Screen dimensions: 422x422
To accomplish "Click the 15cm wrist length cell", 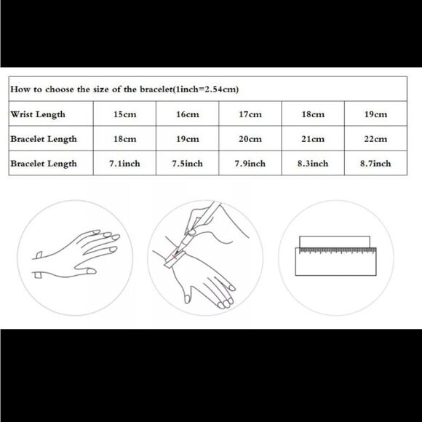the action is [124, 114].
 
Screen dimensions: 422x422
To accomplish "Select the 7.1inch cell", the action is [124, 163].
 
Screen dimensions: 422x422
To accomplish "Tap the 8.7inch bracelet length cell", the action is [375, 163].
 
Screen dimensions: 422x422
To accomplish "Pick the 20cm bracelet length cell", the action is [250, 138].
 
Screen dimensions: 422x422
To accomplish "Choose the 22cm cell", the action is [375, 138].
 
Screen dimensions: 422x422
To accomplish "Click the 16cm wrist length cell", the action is [188, 114].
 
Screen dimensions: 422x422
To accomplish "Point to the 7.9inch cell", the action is [250, 163].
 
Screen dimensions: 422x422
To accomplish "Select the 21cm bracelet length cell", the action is [313, 138].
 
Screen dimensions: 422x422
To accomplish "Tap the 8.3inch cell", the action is [313, 163].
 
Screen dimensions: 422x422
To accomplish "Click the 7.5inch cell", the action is [188, 163].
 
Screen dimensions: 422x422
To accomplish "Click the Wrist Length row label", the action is [38, 114].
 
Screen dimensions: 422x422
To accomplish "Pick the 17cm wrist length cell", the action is [250, 114].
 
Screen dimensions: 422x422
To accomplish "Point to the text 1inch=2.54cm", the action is [206, 89].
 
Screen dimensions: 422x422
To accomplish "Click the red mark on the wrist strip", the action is [174, 257].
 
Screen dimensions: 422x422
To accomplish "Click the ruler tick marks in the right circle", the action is [338, 250].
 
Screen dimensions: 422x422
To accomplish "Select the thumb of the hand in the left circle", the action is [85, 269].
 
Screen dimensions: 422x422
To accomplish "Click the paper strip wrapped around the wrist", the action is [175, 259].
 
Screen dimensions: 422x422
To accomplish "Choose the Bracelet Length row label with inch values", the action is [44, 164].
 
